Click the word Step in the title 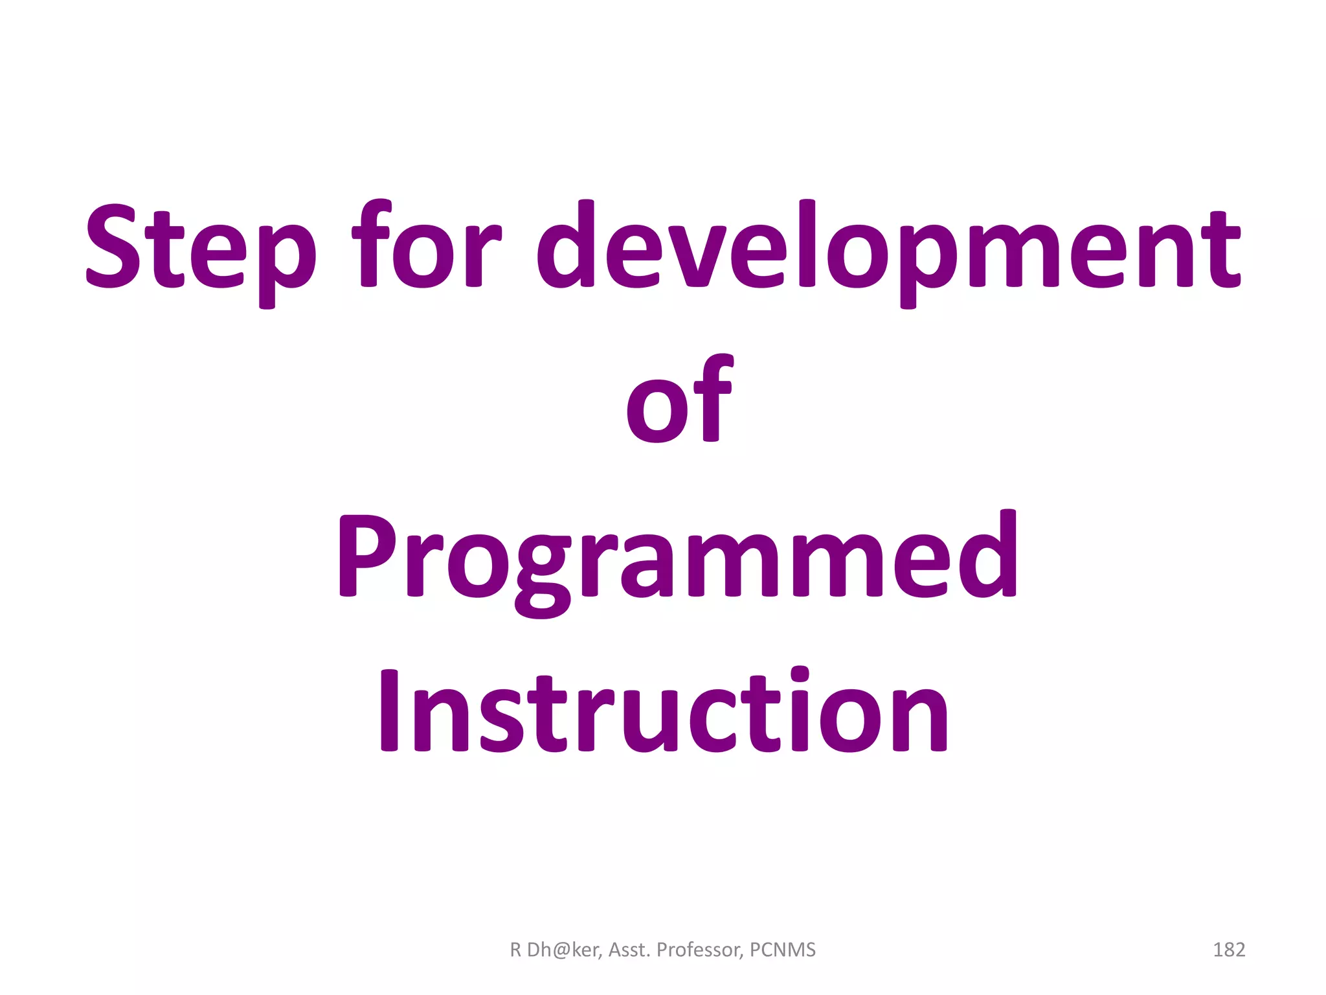(201, 249)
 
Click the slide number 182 (1229, 950)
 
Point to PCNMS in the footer (783, 950)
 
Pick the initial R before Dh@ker (515, 950)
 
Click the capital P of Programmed (366, 557)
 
